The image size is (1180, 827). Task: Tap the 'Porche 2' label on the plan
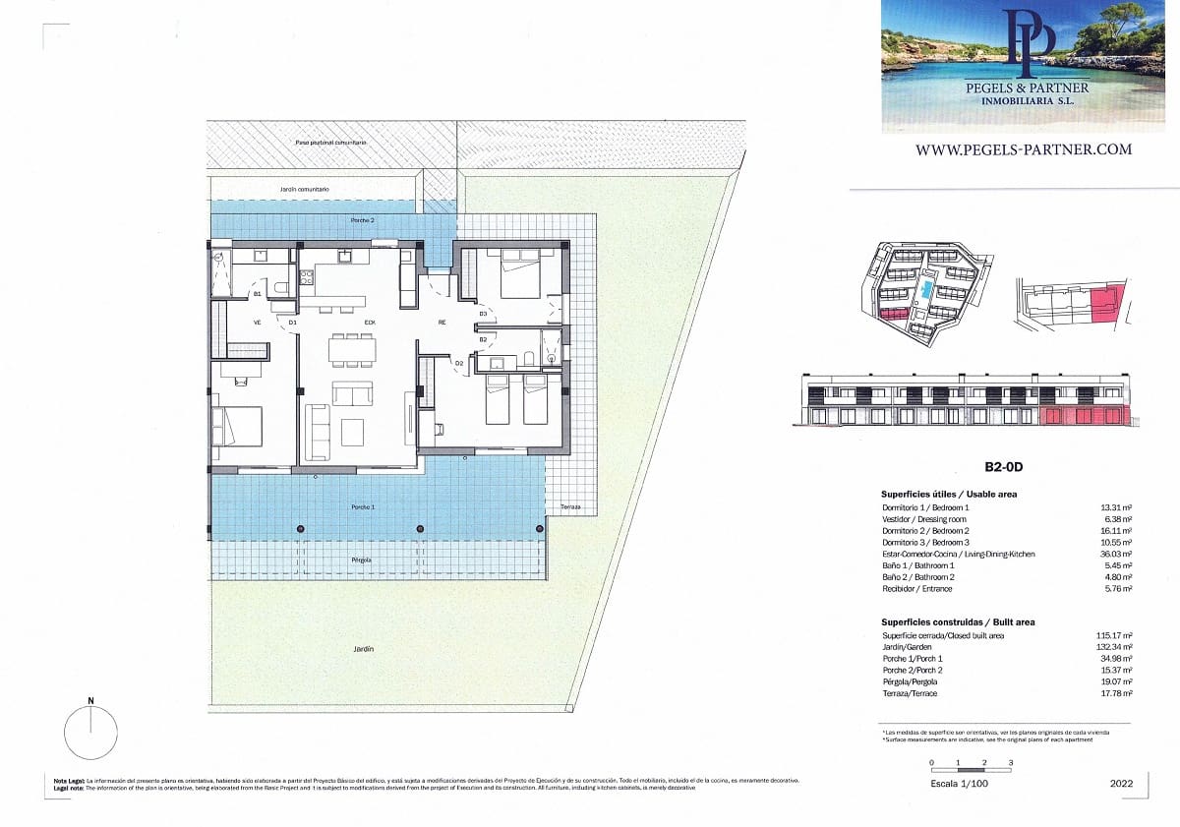pyautogui.click(x=362, y=220)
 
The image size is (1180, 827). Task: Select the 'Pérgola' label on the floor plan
pyautogui.click(x=362, y=560)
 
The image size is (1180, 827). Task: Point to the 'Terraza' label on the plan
pyautogui.click(x=570, y=507)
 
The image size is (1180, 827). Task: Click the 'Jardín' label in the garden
pyautogui.click(x=365, y=649)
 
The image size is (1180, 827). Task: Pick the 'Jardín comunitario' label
pyautogui.click(x=304, y=189)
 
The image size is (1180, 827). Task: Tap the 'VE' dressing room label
pyautogui.click(x=258, y=323)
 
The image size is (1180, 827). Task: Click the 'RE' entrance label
pyautogui.click(x=442, y=323)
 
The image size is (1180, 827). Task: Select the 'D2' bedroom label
pyautogui.click(x=459, y=364)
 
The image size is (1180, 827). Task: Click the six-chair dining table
pyautogui.click(x=351, y=348)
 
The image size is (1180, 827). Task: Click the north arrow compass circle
pyautogui.click(x=90, y=734)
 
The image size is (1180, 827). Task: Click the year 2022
pyautogui.click(x=1120, y=784)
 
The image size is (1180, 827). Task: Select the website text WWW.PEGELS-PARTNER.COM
pyautogui.click(x=1023, y=149)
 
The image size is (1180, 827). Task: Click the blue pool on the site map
pyautogui.click(x=928, y=290)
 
